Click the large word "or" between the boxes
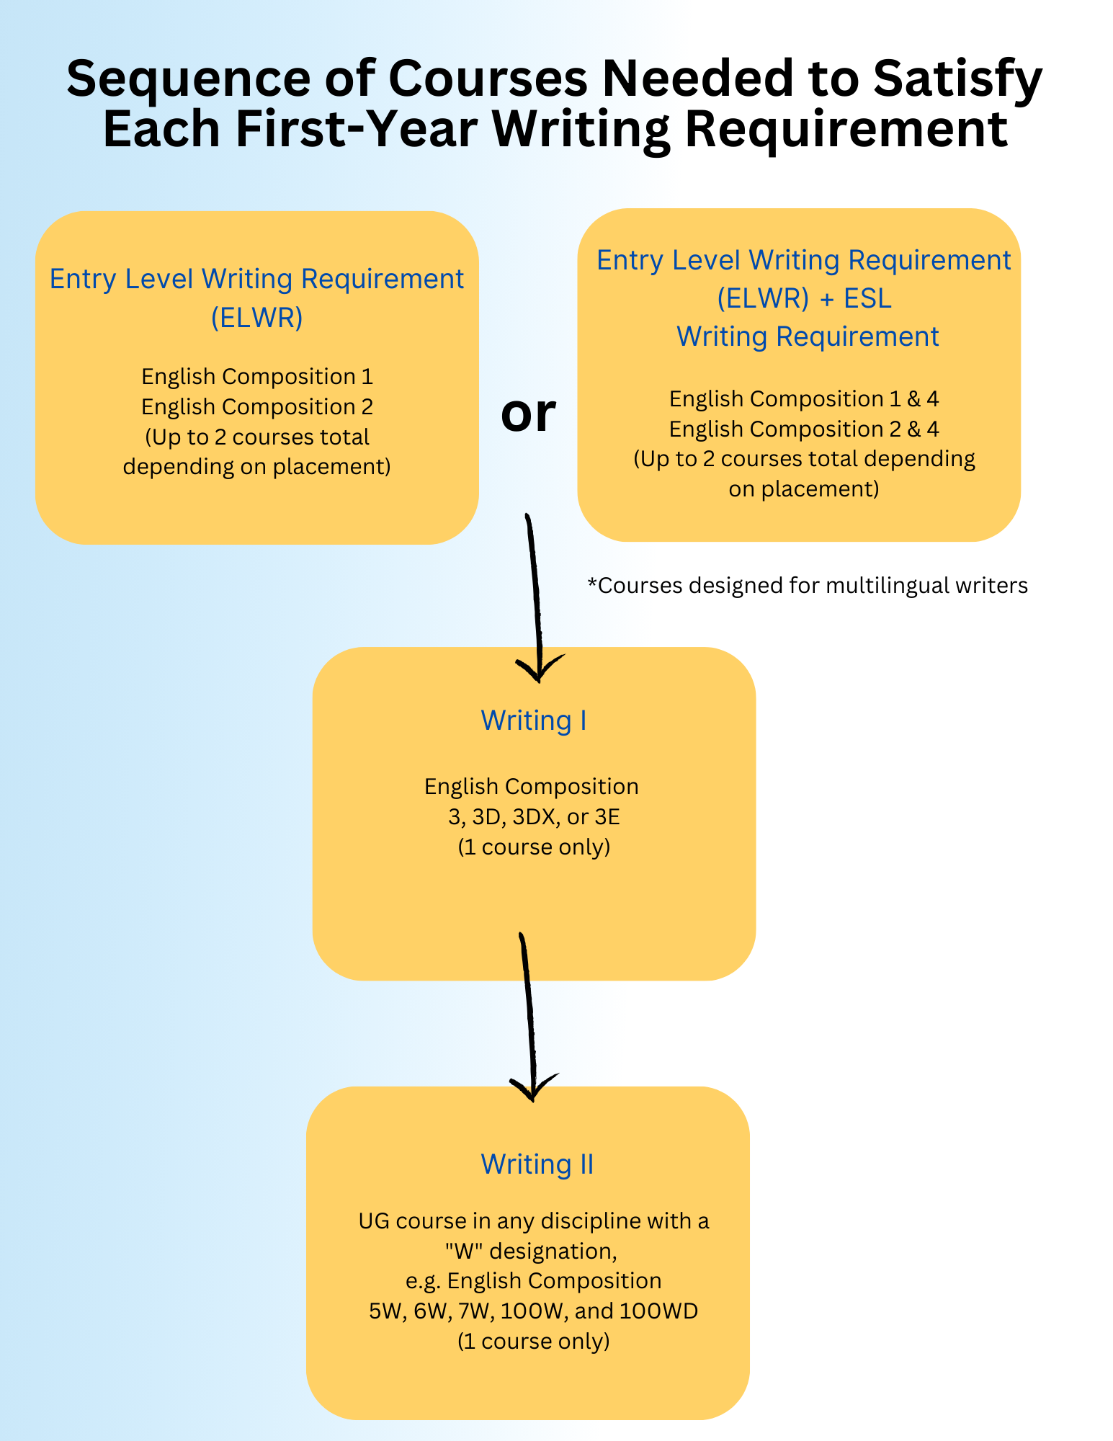click(x=528, y=414)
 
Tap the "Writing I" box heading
click(x=534, y=720)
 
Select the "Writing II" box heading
click(x=537, y=1164)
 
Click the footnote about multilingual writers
click(x=808, y=585)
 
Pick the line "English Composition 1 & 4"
click(x=804, y=398)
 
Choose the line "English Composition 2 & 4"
click(x=804, y=429)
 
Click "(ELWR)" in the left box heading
click(x=257, y=317)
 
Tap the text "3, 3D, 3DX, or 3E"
click(x=534, y=816)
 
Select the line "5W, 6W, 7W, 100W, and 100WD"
click(x=534, y=1311)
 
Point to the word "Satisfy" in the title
click(x=958, y=81)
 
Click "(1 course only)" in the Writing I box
click(x=534, y=847)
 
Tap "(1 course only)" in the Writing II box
click(x=534, y=1341)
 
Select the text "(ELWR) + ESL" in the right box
click(x=805, y=298)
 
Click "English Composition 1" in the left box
click(x=257, y=376)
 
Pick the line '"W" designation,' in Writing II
click(x=531, y=1251)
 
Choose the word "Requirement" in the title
click(x=846, y=131)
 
